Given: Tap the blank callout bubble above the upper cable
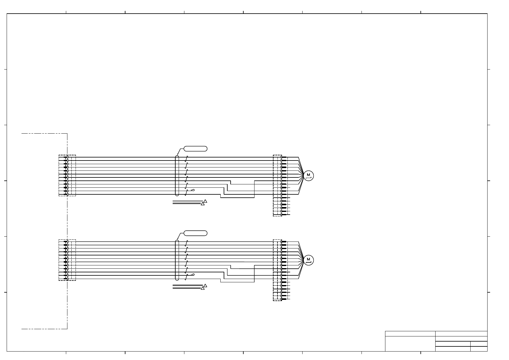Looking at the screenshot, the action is (x=196, y=149).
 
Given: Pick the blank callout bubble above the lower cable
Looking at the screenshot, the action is (x=196, y=233).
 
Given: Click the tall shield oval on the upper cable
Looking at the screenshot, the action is (x=177, y=176).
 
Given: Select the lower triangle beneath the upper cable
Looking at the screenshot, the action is (x=203, y=204).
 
